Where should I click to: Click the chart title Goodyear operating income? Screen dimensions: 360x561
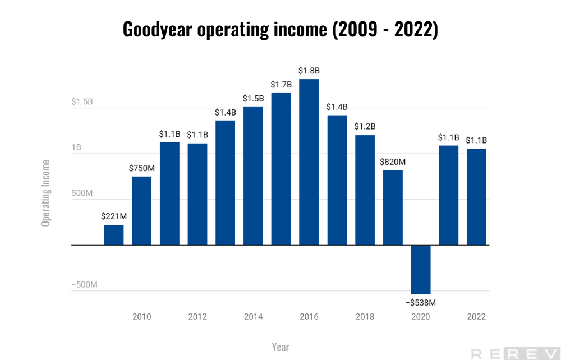(x=280, y=29)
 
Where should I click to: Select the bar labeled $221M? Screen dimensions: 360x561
(x=113, y=235)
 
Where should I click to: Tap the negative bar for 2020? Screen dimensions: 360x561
(x=421, y=270)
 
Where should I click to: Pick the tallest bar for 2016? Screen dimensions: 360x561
(x=309, y=162)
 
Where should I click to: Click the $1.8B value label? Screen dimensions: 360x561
(x=309, y=71)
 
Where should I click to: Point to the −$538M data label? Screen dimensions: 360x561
(x=421, y=303)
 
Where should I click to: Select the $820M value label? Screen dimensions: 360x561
(x=393, y=162)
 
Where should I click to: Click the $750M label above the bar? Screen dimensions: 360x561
(x=141, y=169)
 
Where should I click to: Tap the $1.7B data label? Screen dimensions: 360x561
(x=281, y=85)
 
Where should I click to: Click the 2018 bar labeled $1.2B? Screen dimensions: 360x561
(x=365, y=190)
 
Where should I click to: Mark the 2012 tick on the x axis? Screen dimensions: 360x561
(x=197, y=317)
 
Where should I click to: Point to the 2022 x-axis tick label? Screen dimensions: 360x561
(x=476, y=317)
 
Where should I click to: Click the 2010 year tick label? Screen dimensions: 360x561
(x=141, y=317)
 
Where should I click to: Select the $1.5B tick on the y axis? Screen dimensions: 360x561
(x=82, y=102)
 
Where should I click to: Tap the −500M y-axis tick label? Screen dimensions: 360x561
(x=84, y=285)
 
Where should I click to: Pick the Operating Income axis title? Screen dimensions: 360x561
(x=45, y=193)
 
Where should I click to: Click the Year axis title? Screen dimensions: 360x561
(x=280, y=347)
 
